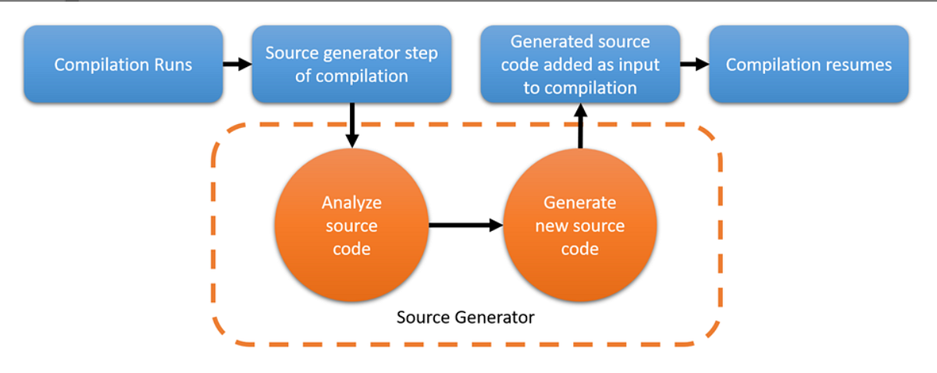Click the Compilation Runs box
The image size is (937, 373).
(x=123, y=65)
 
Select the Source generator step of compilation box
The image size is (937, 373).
(x=351, y=65)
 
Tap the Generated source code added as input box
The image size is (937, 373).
(x=579, y=65)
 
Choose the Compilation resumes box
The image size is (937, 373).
(x=808, y=65)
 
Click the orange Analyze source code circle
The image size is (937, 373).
(x=351, y=226)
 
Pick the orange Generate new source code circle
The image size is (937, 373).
(x=579, y=226)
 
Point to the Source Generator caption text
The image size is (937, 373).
(x=465, y=317)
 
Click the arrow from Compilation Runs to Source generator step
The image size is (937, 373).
(x=233, y=63)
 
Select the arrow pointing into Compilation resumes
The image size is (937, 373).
(x=690, y=63)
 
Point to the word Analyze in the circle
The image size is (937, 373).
(x=351, y=203)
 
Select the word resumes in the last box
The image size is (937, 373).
(x=859, y=65)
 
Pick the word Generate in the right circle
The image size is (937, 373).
(x=579, y=203)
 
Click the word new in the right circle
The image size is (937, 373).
(x=552, y=226)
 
